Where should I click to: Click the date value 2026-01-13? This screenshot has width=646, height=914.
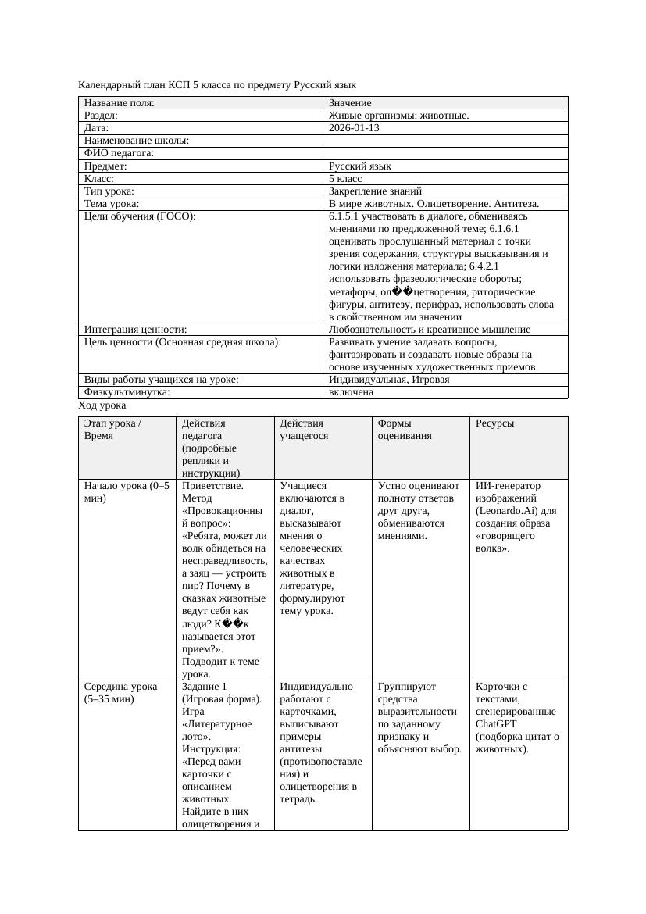[354, 128]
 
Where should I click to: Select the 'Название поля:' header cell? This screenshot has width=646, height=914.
[120, 103]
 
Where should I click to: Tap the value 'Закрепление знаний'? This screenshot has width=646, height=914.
[375, 191]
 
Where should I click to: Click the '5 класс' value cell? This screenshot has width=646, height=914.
[345, 179]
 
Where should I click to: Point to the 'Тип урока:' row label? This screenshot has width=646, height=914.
[109, 191]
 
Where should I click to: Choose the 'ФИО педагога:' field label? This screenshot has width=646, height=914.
[119, 154]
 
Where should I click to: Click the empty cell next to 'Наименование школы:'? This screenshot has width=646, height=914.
[444, 141]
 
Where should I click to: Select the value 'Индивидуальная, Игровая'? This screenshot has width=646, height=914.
[389, 380]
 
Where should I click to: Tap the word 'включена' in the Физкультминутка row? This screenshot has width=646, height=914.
[351, 392]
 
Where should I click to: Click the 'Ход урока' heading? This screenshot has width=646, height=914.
[102, 406]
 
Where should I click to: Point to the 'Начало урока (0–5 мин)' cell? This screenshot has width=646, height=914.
[126, 492]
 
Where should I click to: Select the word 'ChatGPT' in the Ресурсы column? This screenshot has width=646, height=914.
[497, 724]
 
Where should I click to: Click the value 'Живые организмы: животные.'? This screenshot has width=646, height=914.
[398, 116]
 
